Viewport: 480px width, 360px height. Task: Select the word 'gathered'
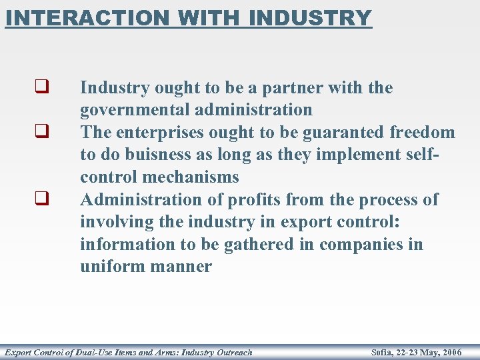tap(255, 245)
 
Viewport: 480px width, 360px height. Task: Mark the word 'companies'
tap(360, 245)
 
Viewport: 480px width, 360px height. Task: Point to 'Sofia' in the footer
tap(382, 352)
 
